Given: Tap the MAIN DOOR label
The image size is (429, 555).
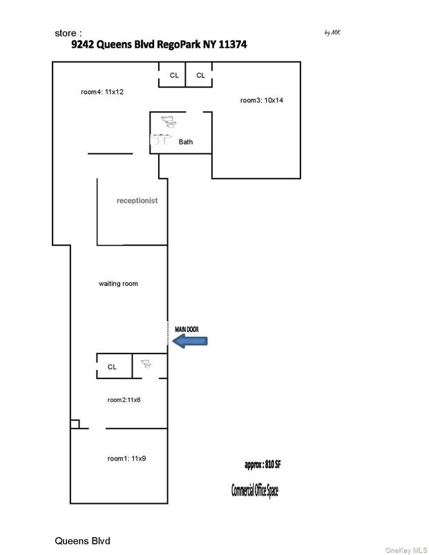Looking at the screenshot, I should [187, 330].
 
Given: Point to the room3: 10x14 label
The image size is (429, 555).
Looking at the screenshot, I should [262, 100].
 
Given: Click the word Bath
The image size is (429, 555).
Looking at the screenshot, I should [186, 142].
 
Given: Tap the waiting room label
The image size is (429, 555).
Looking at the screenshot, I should [118, 284].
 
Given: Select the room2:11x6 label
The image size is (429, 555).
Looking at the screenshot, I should [124, 400].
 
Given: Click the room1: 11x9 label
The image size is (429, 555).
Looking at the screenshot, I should [126, 458].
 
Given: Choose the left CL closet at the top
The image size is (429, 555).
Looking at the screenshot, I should [174, 75].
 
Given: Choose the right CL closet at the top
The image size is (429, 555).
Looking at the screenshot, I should [200, 75].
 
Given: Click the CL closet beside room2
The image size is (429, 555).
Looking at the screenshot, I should [112, 367].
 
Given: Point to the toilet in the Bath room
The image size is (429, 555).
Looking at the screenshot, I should [167, 122].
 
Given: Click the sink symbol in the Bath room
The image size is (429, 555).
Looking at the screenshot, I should [162, 140].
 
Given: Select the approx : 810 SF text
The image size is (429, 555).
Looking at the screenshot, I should [263, 465].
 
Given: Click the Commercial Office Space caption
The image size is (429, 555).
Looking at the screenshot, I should [255, 490].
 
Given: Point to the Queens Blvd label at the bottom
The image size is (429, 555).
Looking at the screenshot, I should [82, 540].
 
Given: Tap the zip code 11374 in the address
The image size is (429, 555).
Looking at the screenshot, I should [231, 43].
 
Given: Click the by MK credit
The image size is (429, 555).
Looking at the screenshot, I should [332, 32].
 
